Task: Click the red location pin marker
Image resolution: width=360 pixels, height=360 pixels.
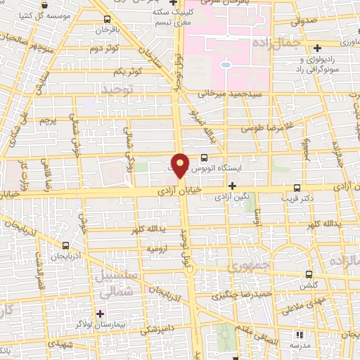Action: (x=181, y=165)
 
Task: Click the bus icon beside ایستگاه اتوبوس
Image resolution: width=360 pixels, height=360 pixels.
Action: (x=204, y=158)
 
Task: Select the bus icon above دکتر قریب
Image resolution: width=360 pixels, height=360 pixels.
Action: (x=297, y=188)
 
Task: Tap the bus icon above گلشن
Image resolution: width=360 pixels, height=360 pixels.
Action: (x=307, y=274)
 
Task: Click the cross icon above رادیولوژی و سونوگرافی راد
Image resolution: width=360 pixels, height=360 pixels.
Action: (x=318, y=48)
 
